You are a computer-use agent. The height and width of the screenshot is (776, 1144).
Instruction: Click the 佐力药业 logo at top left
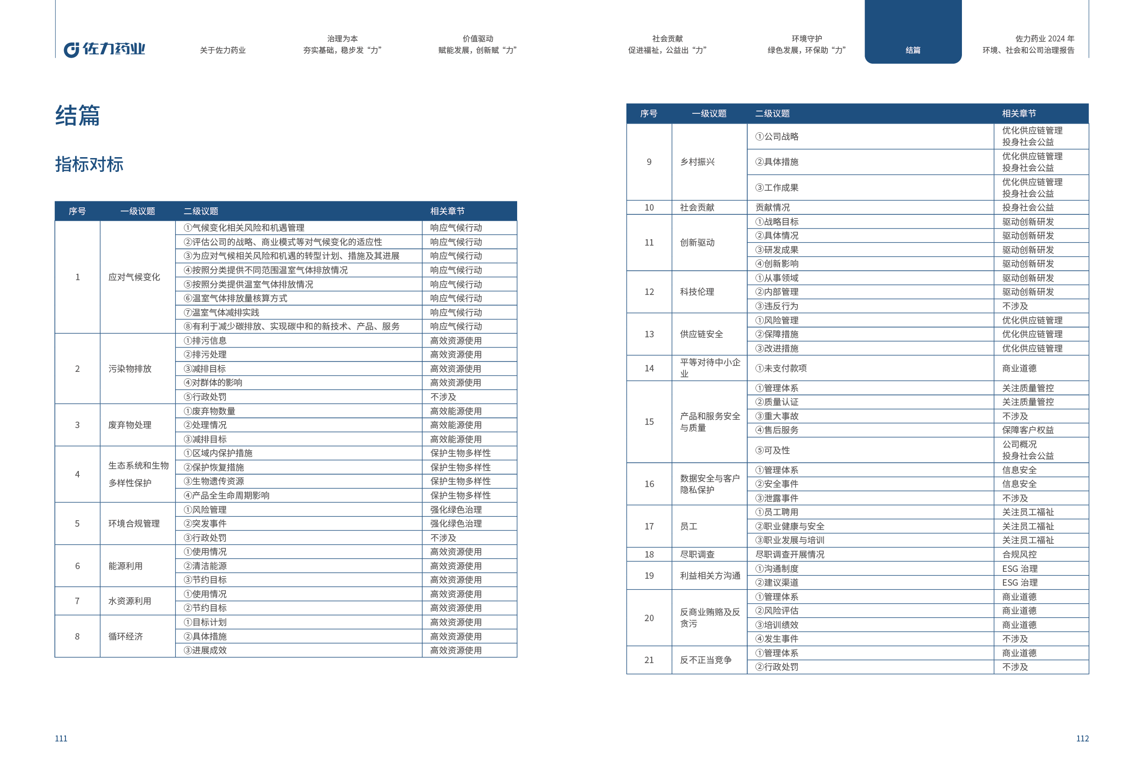click(104, 49)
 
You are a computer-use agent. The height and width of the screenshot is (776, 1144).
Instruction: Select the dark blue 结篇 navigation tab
click(912, 50)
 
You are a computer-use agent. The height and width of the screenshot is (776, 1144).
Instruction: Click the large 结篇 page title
click(77, 116)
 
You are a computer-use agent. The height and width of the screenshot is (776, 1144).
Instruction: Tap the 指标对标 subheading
click(89, 165)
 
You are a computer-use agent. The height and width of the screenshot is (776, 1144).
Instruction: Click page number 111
click(61, 738)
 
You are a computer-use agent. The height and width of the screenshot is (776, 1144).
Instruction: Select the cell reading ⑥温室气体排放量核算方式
click(235, 298)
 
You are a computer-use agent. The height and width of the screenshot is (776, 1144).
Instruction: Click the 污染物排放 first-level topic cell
click(130, 369)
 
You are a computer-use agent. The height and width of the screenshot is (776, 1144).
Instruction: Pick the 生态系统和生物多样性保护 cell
click(138, 474)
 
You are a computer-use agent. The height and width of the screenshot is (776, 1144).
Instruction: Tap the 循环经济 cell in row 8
click(125, 636)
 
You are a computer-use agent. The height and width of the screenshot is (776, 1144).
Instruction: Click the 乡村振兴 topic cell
click(697, 162)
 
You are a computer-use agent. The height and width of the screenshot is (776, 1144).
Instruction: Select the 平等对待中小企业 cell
click(709, 368)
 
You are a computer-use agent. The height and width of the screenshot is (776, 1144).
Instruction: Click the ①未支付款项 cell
click(781, 368)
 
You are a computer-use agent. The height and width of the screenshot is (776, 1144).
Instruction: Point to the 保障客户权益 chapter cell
click(1028, 429)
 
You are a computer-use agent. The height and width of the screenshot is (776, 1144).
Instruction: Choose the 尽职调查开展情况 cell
click(790, 554)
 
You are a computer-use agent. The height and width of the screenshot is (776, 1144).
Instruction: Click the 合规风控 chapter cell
click(1019, 554)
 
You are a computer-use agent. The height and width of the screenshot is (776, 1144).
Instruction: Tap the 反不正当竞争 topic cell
click(705, 660)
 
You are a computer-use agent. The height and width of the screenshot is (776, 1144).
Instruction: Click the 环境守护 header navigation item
click(806, 44)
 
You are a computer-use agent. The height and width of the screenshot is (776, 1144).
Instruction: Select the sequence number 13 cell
click(649, 334)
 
